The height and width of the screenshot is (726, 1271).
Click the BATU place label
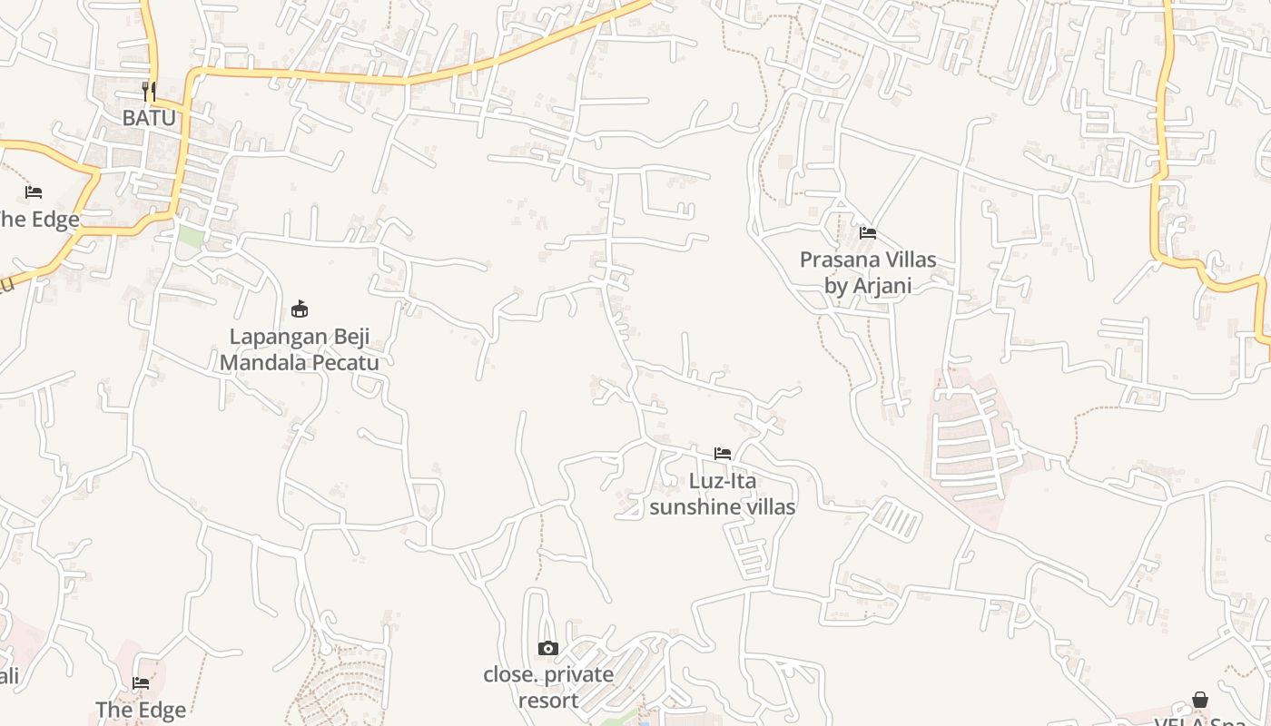tap(149, 118)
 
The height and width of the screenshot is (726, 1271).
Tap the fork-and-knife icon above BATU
tap(149, 91)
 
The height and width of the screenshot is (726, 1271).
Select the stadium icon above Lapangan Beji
tap(300, 309)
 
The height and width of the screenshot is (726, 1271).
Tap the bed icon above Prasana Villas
tap(868, 233)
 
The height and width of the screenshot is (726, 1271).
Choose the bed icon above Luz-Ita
tap(723, 454)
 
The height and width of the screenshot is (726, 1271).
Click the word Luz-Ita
tap(723, 481)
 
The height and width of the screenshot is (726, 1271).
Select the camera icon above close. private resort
tap(548, 648)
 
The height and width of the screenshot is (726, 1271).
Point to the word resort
tap(548, 701)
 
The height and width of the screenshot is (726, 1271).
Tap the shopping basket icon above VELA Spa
tap(1200, 700)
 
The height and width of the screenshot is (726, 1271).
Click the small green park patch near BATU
tap(190, 236)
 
